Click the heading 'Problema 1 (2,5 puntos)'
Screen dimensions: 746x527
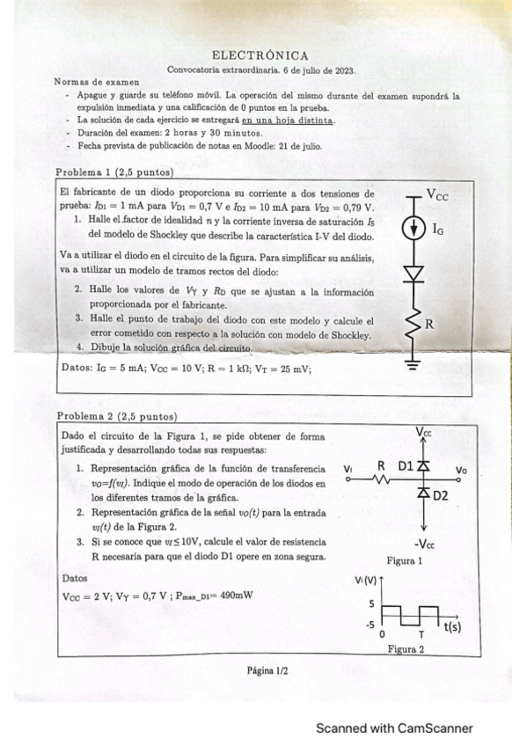click(x=114, y=172)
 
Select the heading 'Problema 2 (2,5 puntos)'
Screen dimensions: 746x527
click(x=117, y=416)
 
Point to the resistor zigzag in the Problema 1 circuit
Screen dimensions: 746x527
click(x=413, y=327)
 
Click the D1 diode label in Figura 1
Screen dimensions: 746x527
click(x=405, y=464)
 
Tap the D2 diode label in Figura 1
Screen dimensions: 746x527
click(x=440, y=496)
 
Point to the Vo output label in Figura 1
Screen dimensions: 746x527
click(x=464, y=471)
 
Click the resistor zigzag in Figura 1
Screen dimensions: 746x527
click(x=382, y=479)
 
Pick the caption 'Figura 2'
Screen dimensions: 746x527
click(x=406, y=650)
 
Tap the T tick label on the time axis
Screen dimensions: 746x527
click(x=421, y=634)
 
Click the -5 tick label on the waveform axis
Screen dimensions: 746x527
click(x=369, y=624)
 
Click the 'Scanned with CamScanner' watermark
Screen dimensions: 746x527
click(x=394, y=728)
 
